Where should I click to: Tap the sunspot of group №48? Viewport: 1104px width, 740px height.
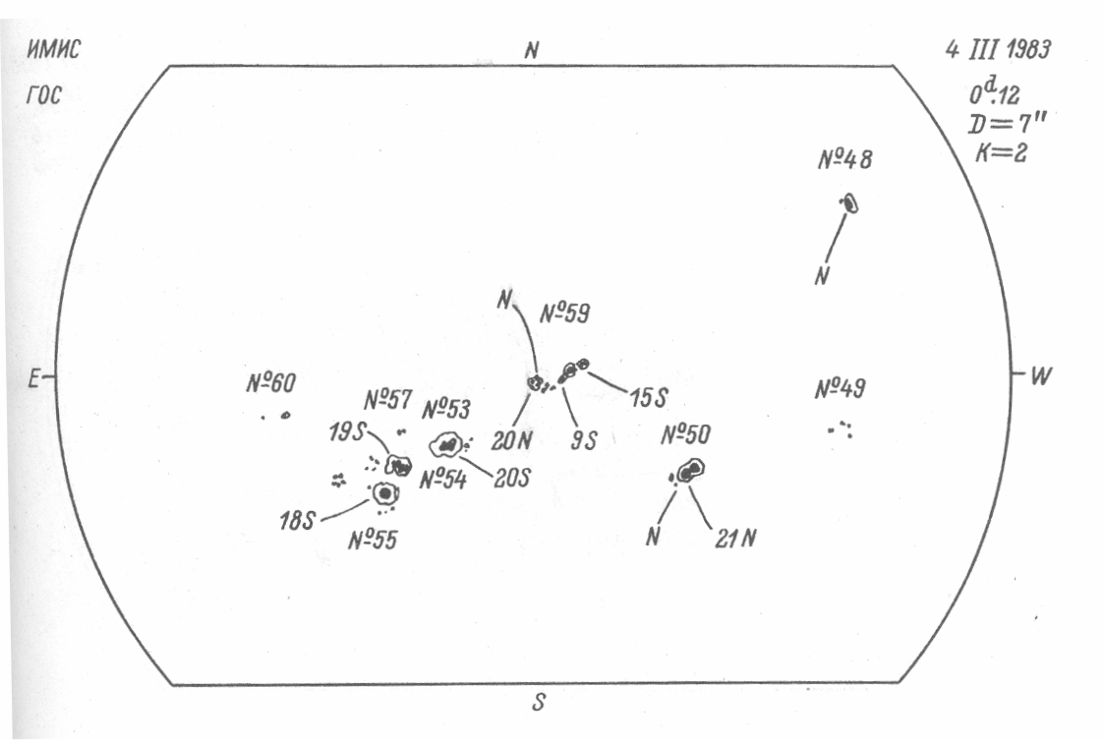pos(849,203)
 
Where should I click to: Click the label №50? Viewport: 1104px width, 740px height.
pos(685,433)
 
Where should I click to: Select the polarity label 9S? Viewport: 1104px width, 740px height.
pos(584,441)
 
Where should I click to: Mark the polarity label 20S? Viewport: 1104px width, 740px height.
pos(511,480)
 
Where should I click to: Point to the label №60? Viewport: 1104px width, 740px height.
pos(270,384)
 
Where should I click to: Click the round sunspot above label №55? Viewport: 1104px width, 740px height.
pos(384,493)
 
